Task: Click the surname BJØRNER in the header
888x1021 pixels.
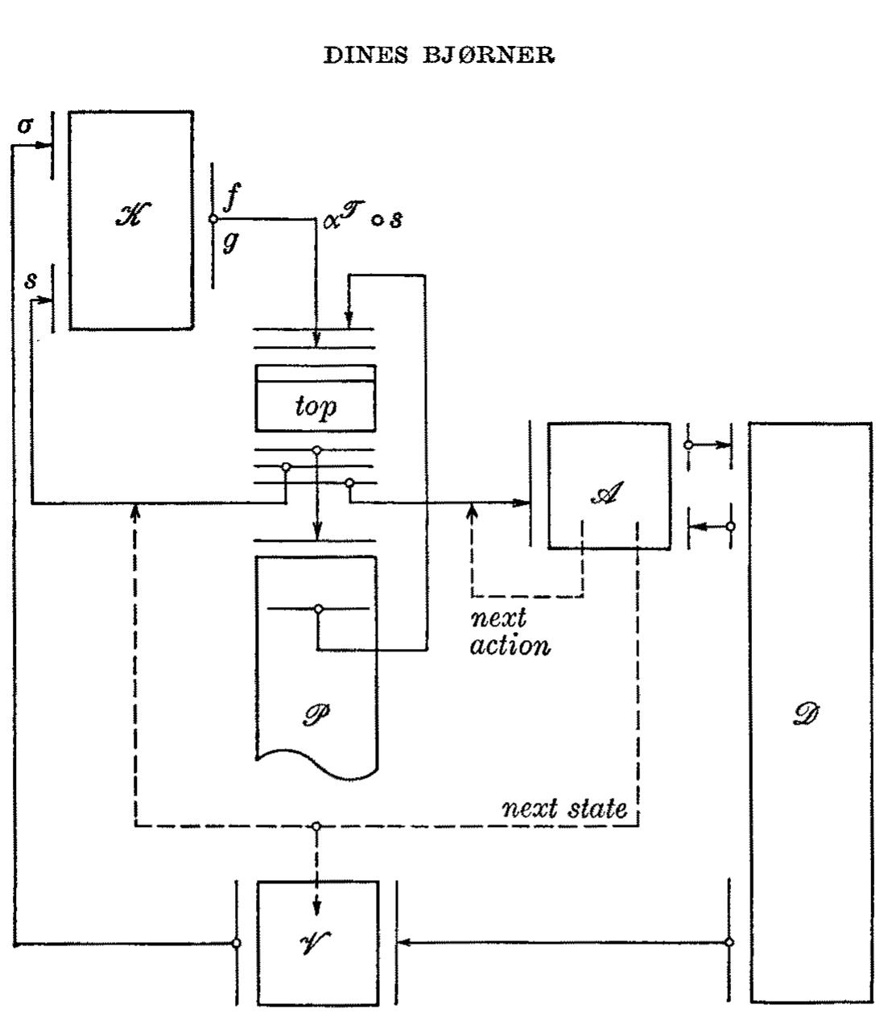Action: click(489, 55)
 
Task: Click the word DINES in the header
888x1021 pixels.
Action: click(366, 55)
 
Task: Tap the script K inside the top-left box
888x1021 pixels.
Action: click(133, 215)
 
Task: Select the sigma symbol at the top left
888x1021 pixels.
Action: click(25, 125)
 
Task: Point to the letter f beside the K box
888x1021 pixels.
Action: click(232, 197)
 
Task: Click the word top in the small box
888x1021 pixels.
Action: click(316, 407)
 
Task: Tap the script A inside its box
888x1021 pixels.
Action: click(607, 493)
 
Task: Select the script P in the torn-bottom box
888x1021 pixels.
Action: click(316, 714)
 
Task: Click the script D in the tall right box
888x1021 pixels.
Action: click(806, 714)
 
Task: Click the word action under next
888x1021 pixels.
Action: click(510, 646)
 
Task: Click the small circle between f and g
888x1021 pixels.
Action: click(213, 218)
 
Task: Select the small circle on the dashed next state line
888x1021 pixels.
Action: click(316, 826)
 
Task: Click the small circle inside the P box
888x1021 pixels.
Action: click(319, 609)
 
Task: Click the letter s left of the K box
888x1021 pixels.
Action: click(31, 281)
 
